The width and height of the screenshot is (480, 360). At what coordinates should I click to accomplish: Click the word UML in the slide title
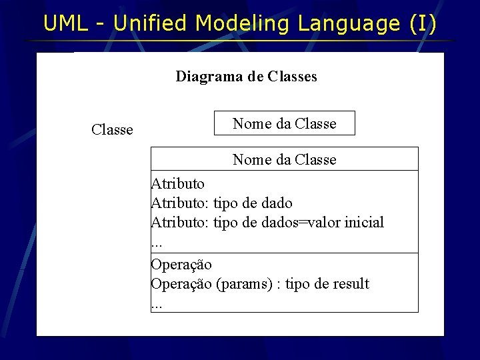[65, 24]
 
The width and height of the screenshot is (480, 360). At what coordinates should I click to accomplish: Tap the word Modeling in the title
[242, 24]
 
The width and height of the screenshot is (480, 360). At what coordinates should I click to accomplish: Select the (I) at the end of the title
[423, 24]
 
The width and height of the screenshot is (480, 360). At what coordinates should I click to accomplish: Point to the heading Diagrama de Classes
[246, 77]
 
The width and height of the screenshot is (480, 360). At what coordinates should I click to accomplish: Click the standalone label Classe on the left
[112, 130]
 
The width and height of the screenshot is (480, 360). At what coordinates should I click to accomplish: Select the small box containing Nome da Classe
[284, 123]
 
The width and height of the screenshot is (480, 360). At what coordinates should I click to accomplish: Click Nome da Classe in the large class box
[284, 160]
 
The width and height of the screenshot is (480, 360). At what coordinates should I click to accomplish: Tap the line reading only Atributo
[178, 183]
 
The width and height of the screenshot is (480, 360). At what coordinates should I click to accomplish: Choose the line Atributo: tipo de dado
[221, 203]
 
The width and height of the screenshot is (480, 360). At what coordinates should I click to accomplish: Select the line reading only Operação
[181, 265]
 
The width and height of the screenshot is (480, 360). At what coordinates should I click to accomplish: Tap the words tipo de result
[327, 284]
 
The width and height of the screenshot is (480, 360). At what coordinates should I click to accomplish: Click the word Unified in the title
[151, 24]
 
